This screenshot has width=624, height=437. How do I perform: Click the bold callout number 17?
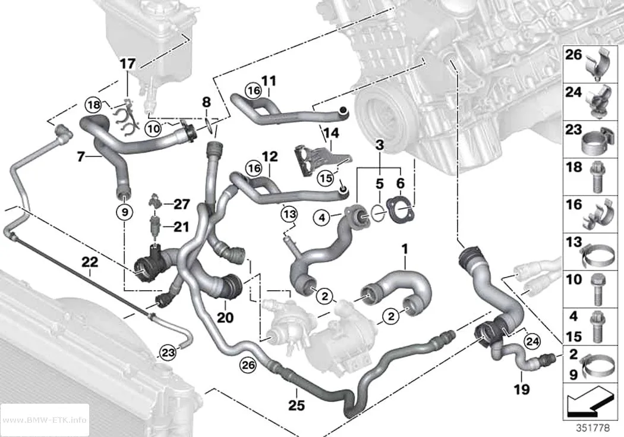(128, 64)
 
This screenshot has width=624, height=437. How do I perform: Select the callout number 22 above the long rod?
(90, 262)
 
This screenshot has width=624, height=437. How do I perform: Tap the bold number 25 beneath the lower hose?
(297, 405)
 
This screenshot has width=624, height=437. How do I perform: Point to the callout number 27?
(182, 204)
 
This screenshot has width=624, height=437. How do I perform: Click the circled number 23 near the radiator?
(168, 353)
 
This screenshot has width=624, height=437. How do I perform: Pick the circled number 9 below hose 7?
(125, 213)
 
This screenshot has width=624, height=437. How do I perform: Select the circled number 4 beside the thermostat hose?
(322, 218)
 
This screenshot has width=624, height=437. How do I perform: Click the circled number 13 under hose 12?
(289, 215)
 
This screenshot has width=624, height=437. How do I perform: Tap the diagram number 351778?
(593, 428)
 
